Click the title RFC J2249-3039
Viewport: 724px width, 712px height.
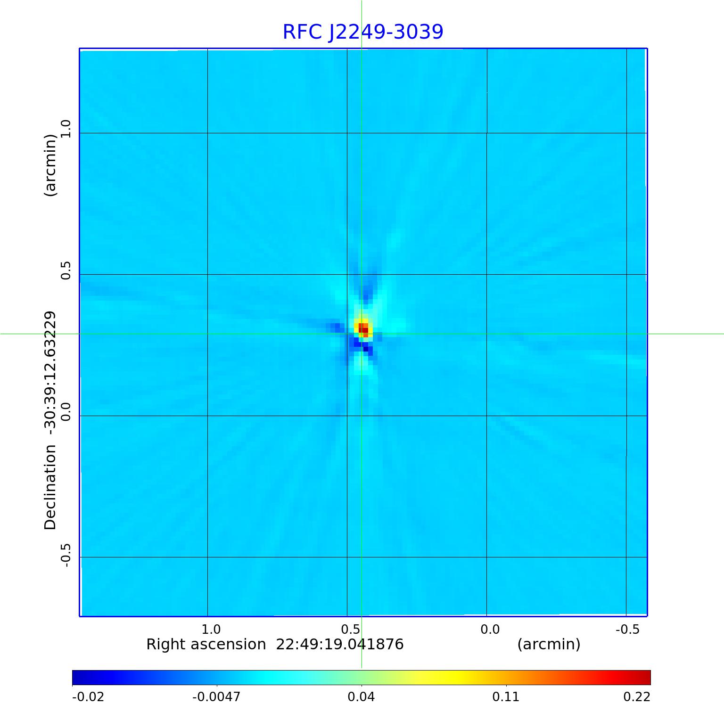363,32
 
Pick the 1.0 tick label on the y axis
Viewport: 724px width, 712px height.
66,129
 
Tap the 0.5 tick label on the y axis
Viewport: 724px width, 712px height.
66,270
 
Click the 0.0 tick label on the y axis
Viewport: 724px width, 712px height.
66,411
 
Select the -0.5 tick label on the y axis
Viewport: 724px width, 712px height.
66,555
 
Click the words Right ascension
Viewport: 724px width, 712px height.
206,644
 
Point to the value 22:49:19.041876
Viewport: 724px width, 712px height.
340,644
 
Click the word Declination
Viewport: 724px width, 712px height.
50,487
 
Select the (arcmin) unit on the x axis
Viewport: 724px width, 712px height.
549,644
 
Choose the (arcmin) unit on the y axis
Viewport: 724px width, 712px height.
50,165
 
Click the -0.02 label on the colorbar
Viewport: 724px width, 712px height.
88,696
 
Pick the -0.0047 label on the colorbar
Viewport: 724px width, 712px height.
216,696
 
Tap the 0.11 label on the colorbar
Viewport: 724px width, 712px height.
506,696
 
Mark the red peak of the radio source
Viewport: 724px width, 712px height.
363,328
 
